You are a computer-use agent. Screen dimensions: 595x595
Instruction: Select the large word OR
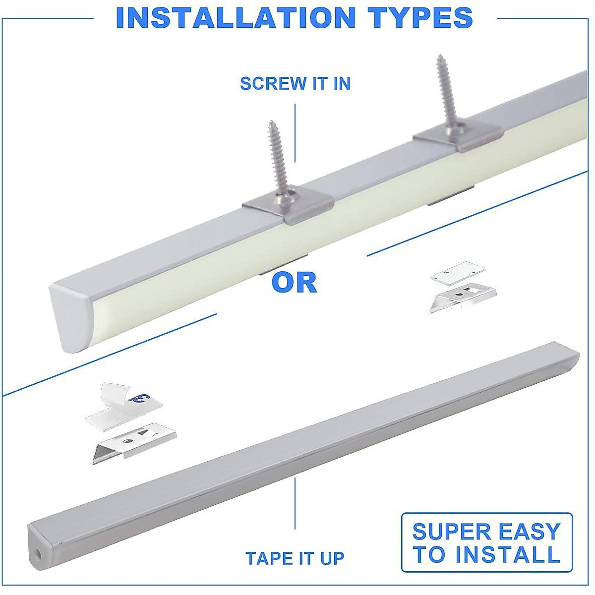coord(294,283)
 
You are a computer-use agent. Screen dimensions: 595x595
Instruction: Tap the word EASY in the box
coord(527,532)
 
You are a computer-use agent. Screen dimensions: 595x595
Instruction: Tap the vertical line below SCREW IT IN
coord(296,133)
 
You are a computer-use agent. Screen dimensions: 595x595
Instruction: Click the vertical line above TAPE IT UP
coord(296,503)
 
